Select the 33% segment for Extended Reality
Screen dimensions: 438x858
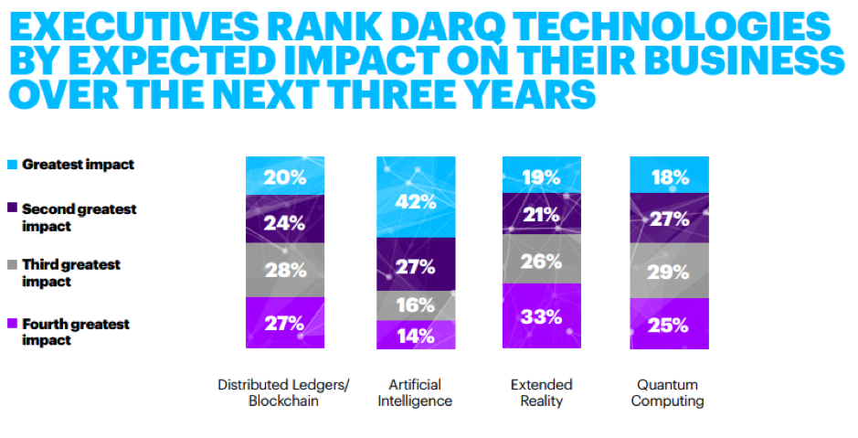pos(541,316)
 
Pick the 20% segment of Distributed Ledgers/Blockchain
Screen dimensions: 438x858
pos(284,176)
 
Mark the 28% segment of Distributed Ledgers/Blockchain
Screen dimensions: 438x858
pos(284,270)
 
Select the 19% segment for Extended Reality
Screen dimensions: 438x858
pos(541,175)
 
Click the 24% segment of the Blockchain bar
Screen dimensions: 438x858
pos(284,220)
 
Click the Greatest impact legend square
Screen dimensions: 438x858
pos(12,166)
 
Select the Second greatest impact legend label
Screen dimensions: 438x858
pos(79,217)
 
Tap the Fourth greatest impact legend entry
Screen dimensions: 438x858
pos(75,332)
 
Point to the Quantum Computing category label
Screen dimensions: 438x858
pos(668,392)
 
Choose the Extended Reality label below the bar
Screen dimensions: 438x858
pos(541,392)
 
